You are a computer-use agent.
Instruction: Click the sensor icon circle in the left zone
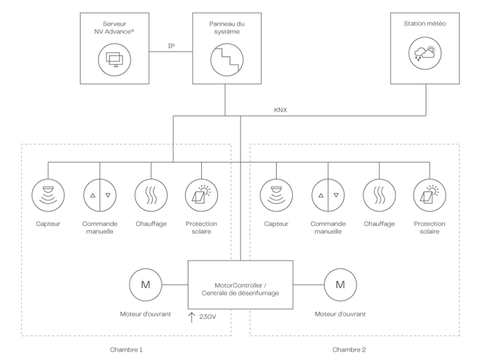[x=48, y=194]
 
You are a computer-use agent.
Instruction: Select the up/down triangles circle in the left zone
[x=100, y=194]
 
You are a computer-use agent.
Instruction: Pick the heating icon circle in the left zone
[x=151, y=194]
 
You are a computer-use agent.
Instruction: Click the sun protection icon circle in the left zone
[x=201, y=194]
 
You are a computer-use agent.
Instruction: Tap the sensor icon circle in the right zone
[x=276, y=194]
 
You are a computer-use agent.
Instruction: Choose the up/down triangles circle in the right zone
[x=328, y=194]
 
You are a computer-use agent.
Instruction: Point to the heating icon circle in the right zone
[x=379, y=194]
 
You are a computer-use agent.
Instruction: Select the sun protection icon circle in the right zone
[x=429, y=194]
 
